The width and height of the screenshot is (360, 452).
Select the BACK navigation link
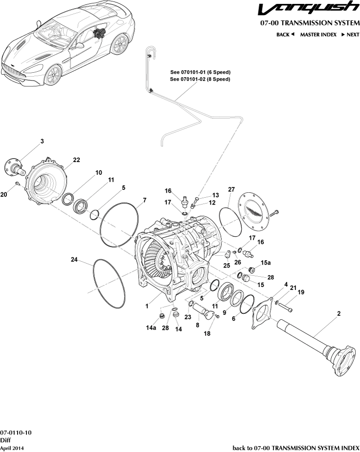285,35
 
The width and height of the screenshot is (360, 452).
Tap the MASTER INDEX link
318,35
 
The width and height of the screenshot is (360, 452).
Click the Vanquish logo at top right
309,10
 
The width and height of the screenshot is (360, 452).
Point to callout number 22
77,160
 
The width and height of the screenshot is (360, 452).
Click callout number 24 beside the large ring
74,260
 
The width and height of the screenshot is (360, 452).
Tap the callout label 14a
151,328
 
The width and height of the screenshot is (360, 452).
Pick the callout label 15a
265,263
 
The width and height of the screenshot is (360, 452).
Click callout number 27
232,189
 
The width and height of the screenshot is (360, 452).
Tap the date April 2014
12,448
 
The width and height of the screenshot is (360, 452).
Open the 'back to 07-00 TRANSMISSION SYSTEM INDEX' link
296,448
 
